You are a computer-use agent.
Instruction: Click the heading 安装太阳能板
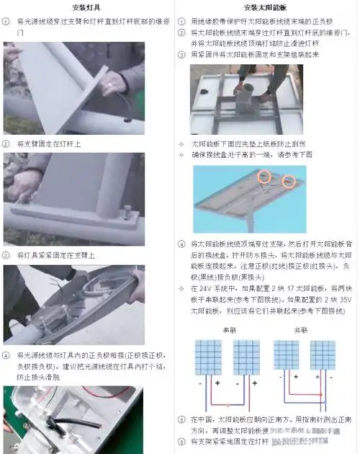pyautogui.click(x=266, y=7)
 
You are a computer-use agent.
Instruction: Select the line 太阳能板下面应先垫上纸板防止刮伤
pyautogui.click(x=251, y=143)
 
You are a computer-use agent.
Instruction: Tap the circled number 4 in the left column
pyautogui.click(x=6, y=355)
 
